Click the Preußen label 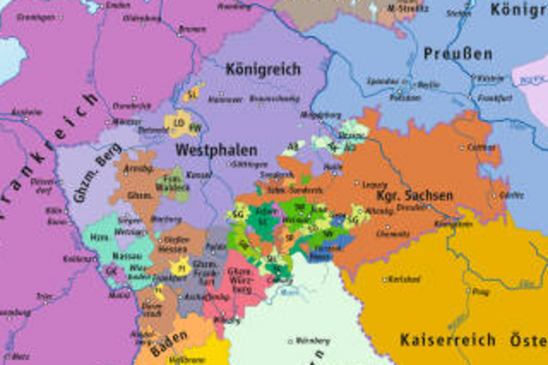pos(458,54)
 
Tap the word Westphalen pos(216,150)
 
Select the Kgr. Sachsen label pos(414,196)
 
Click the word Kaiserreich pos(448,340)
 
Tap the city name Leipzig pos(374,185)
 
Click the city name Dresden pos(411,208)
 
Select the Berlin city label pos(429,84)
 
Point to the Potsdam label pos(405,98)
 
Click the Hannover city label pos(225,100)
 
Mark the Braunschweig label pos(274,99)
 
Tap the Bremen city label pos(192,29)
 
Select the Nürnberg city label pos(312,341)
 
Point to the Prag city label pos(480,292)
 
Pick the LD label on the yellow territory pos(179,123)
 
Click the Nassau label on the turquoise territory pos(127,256)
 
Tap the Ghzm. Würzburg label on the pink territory pos(240,281)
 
